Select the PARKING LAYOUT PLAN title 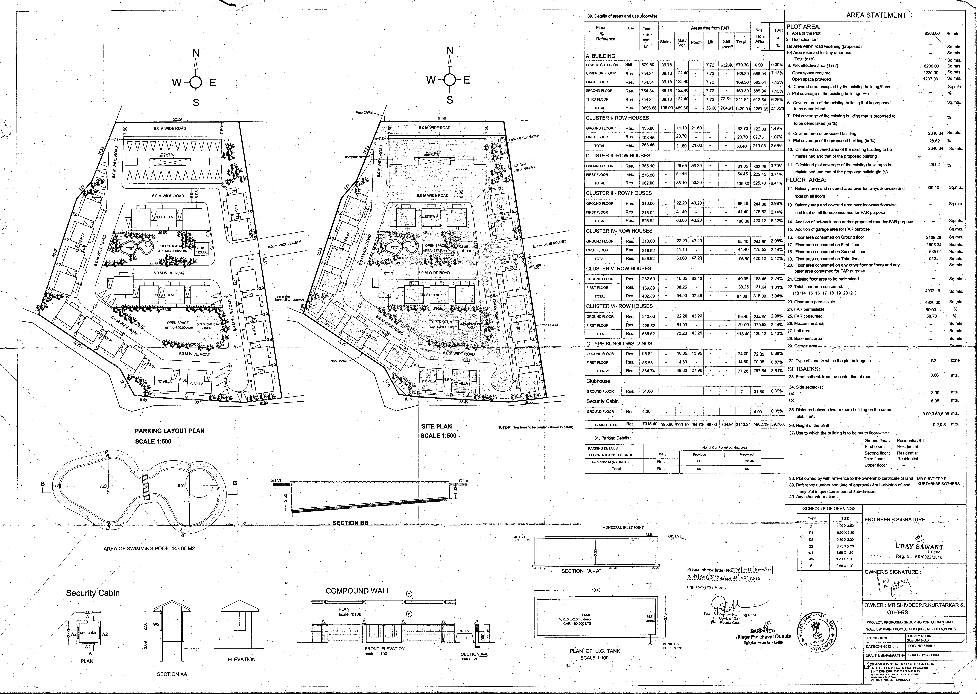click(170, 431)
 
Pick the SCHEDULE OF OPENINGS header click(829, 508)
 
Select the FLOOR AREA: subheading click(806, 180)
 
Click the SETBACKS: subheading click(804, 369)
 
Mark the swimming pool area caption click(149, 548)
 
